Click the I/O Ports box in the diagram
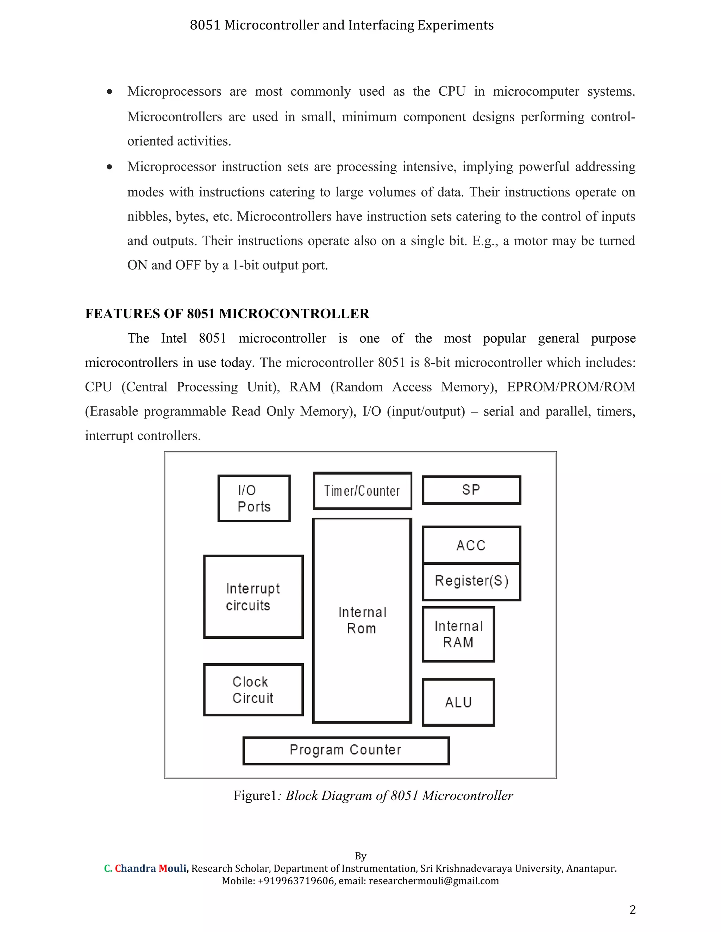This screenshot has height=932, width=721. tap(254, 498)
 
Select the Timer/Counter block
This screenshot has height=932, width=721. tap(362, 491)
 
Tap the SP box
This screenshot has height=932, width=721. tap(471, 490)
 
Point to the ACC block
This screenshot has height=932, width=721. tap(471, 545)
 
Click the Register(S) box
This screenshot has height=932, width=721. tap(471, 581)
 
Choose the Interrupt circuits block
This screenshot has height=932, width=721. tap(253, 596)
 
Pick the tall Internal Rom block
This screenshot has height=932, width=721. tap(362, 620)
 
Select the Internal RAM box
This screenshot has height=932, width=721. tap(458, 634)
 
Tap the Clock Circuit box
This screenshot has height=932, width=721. tap(253, 690)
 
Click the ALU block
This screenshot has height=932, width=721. tap(458, 702)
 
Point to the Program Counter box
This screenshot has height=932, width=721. tap(346, 750)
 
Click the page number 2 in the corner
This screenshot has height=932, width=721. tap(632, 910)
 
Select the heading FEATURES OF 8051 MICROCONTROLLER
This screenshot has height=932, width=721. tap(227, 314)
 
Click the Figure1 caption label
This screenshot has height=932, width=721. tap(255, 796)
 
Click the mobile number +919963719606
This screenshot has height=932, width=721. tap(296, 881)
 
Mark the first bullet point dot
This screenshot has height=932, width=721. tap(110, 91)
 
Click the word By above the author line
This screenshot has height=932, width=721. tap(360, 856)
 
